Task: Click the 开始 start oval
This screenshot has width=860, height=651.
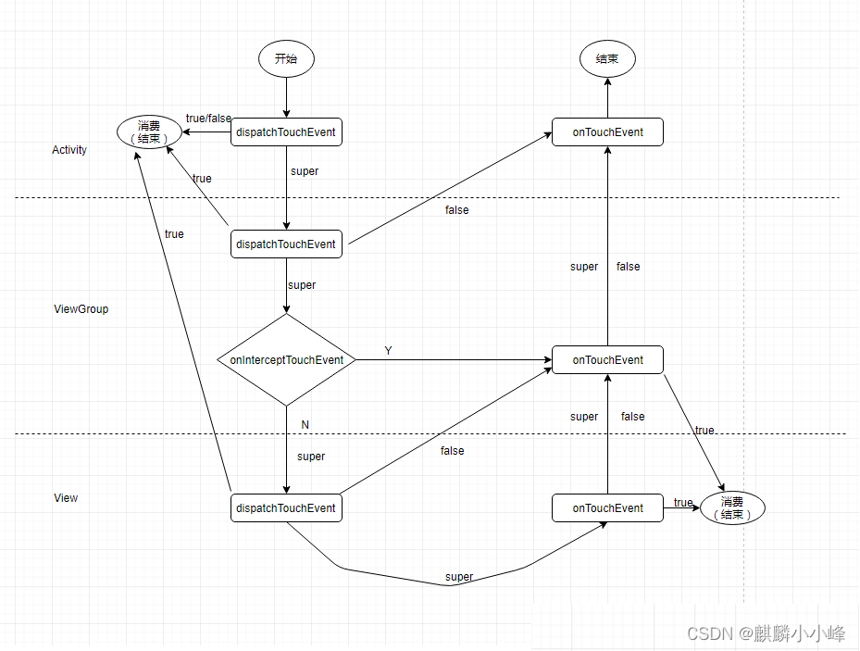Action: click(x=287, y=59)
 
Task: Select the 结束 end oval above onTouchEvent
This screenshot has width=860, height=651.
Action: click(x=607, y=59)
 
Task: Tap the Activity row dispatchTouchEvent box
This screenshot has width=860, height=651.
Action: click(x=286, y=132)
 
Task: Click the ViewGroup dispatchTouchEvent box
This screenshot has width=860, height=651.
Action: click(x=286, y=244)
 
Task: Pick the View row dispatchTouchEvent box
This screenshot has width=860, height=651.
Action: click(x=286, y=508)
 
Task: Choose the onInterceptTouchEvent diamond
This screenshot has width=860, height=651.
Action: click(x=286, y=360)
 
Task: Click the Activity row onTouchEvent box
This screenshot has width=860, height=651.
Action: click(x=607, y=132)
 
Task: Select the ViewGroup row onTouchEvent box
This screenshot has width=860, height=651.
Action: click(x=607, y=360)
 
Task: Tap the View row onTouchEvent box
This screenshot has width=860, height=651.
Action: click(x=607, y=508)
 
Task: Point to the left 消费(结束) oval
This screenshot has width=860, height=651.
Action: click(x=149, y=132)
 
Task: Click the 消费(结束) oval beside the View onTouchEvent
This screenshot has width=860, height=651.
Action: click(x=732, y=508)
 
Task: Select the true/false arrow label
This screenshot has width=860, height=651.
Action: click(x=208, y=119)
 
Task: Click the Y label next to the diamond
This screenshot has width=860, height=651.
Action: click(x=389, y=351)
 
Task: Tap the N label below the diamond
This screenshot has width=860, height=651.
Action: click(x=305, y=425)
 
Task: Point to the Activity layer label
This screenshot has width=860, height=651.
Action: click(x=69, y=150)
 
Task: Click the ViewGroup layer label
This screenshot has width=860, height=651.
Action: click(x=81, y=309)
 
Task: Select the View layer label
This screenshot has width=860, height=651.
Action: click(x=66, y=498)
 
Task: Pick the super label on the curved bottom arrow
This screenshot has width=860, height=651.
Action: click(x=459, y=577)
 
